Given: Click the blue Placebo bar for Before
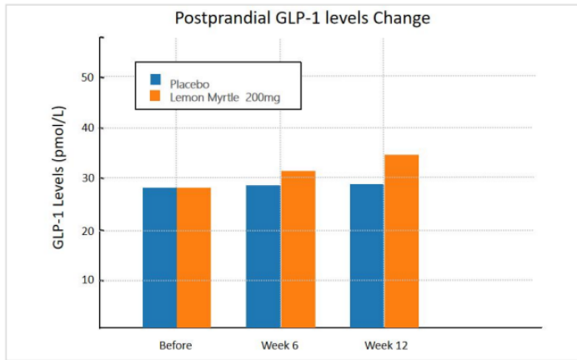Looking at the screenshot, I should (x=159, y=258).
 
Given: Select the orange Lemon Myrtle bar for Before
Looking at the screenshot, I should (x=193, y=258).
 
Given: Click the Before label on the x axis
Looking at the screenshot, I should (x=176, y=345).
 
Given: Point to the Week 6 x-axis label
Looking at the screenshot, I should (x=280, y=345).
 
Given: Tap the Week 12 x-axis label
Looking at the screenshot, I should (x=384, y=345).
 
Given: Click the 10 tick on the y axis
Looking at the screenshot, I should (x=87, y=281).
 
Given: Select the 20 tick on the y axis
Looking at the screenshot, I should (x=87, y=230).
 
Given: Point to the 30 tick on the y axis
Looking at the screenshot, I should (x=87, y=179).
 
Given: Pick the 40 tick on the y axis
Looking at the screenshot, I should (x=87, y=128).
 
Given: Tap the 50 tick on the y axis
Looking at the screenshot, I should (x=87, y=77).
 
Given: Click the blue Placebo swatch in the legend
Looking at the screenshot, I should (x=155, y=80).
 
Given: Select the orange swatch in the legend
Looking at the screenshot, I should (x=155, y=97).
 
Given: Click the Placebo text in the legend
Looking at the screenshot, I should (x=189, y=83).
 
